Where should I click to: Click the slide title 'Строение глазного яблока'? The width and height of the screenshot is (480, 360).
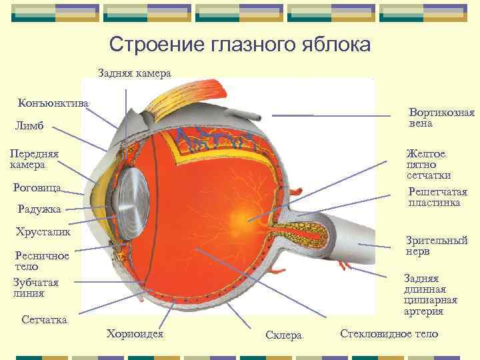[239, 45]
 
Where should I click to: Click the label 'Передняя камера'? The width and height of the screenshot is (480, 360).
[33, 159]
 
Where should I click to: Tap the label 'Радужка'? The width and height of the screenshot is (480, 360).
[37, 209]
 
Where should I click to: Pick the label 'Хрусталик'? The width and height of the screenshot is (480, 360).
[43, 233]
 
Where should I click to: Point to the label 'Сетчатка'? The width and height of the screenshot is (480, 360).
[44, 320]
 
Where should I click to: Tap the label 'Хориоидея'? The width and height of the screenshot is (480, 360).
[135, 333]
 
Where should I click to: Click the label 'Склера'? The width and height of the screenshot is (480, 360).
[283, 335]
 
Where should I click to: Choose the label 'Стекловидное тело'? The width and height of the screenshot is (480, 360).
[389, 333]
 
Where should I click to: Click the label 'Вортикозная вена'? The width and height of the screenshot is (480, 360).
[442, 117]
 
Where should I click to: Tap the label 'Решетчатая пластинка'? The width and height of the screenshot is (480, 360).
[434, 197]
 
